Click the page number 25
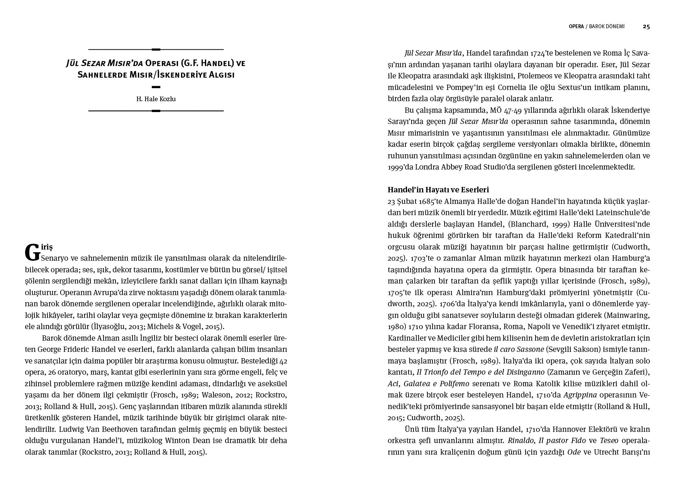coord(646,27)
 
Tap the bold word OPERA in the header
coord(576,27)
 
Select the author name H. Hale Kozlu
coord(156,99)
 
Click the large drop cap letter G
coord(32,253)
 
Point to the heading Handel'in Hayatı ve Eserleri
coord(438,190)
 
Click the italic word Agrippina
coord(580,395)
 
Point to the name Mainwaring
coord(628,315)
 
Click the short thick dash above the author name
coord(156,87)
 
